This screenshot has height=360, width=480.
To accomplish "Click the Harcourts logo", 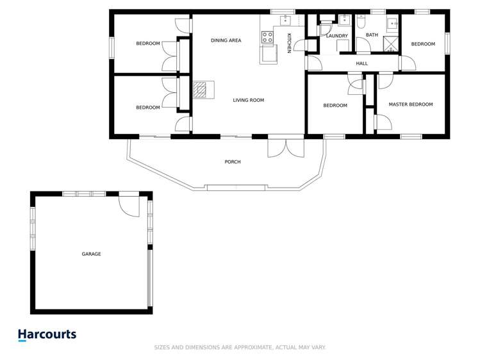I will coord(47,334).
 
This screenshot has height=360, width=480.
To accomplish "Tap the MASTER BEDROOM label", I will coord(410,104).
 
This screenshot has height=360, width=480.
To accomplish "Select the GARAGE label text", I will coord(91,254).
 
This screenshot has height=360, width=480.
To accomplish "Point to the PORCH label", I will coord(233,162).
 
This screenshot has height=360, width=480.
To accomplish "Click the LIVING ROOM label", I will coord(248,100).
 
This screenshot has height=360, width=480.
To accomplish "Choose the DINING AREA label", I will coord(226,40).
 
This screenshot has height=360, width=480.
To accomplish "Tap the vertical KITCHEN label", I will coord(289,43).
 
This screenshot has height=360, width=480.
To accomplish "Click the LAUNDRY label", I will coord(336,36).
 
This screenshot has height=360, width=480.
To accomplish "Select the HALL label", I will coord(362,63).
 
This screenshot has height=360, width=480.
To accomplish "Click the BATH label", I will coord(372,35).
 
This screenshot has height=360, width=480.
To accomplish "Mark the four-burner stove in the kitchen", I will coord(267,37).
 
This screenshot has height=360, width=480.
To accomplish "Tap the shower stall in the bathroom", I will coord(390,44).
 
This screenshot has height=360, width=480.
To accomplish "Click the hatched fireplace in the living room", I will coord(201,89).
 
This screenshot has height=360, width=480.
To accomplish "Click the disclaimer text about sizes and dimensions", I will coord(240,347).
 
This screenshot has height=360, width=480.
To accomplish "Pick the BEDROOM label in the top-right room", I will coord(423,44).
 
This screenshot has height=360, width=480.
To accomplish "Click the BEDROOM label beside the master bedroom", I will coord(335,106).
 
